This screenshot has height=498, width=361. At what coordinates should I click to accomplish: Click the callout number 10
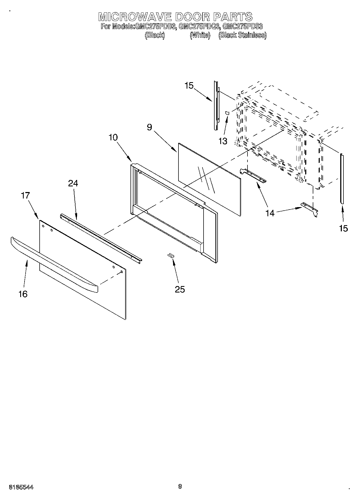click(113, 137)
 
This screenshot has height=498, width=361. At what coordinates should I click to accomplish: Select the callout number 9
click(149, 127)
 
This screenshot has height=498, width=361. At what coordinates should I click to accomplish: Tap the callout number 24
click(73, 183)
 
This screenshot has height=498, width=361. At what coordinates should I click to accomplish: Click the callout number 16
click(23, 294)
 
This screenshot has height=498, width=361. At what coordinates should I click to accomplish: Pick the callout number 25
click(180, 289)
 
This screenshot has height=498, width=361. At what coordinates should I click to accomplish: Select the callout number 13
click(223, 141)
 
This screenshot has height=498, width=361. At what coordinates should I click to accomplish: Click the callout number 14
click(270, 213)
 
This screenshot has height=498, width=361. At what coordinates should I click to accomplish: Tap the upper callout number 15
click(189, 86)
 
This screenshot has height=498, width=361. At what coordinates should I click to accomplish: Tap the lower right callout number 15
click(343, 228)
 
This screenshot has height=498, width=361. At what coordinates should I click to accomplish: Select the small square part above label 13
click(227, 113)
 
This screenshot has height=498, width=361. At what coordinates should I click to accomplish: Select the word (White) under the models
click(200, 35)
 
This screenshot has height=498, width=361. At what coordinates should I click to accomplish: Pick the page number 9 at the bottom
click(180, 486)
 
